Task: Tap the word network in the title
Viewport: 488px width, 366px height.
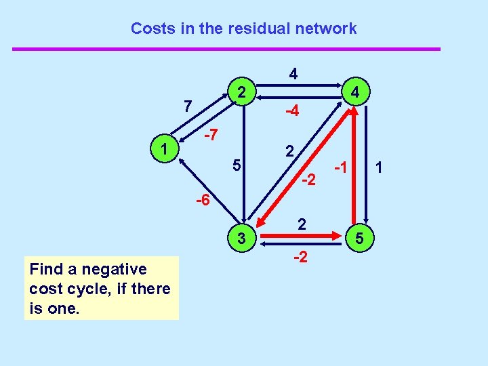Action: (x=322, y=28)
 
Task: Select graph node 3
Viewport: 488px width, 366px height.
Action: (x=242, y=237)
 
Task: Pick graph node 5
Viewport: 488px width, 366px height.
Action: (x=359, y=238)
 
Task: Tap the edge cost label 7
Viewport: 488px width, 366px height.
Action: (x=188, y=107)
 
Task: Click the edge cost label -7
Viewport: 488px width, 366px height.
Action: (x=211, y=136)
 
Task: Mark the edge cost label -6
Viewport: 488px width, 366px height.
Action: (x=202, y=201)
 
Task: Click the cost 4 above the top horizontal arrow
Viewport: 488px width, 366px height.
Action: (x=293, y=73)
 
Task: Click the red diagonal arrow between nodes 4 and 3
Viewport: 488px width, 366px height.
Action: (x=298, y=169)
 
